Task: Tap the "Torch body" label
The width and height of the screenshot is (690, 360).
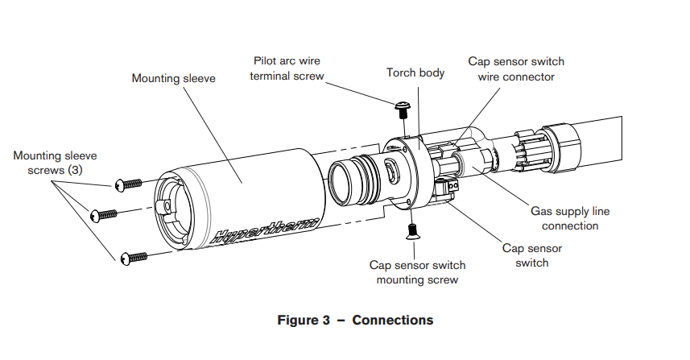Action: tap(415, 72)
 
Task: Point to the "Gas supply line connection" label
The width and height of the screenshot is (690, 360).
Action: tap(570, 219)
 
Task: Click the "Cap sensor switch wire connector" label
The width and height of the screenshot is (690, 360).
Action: tap(516, 69)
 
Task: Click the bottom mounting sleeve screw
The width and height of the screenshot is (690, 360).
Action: tap(134, 257)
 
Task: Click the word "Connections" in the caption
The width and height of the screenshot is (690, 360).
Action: tap(392, 320)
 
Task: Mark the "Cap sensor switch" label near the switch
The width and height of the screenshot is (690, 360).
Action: tap(532, 255)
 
